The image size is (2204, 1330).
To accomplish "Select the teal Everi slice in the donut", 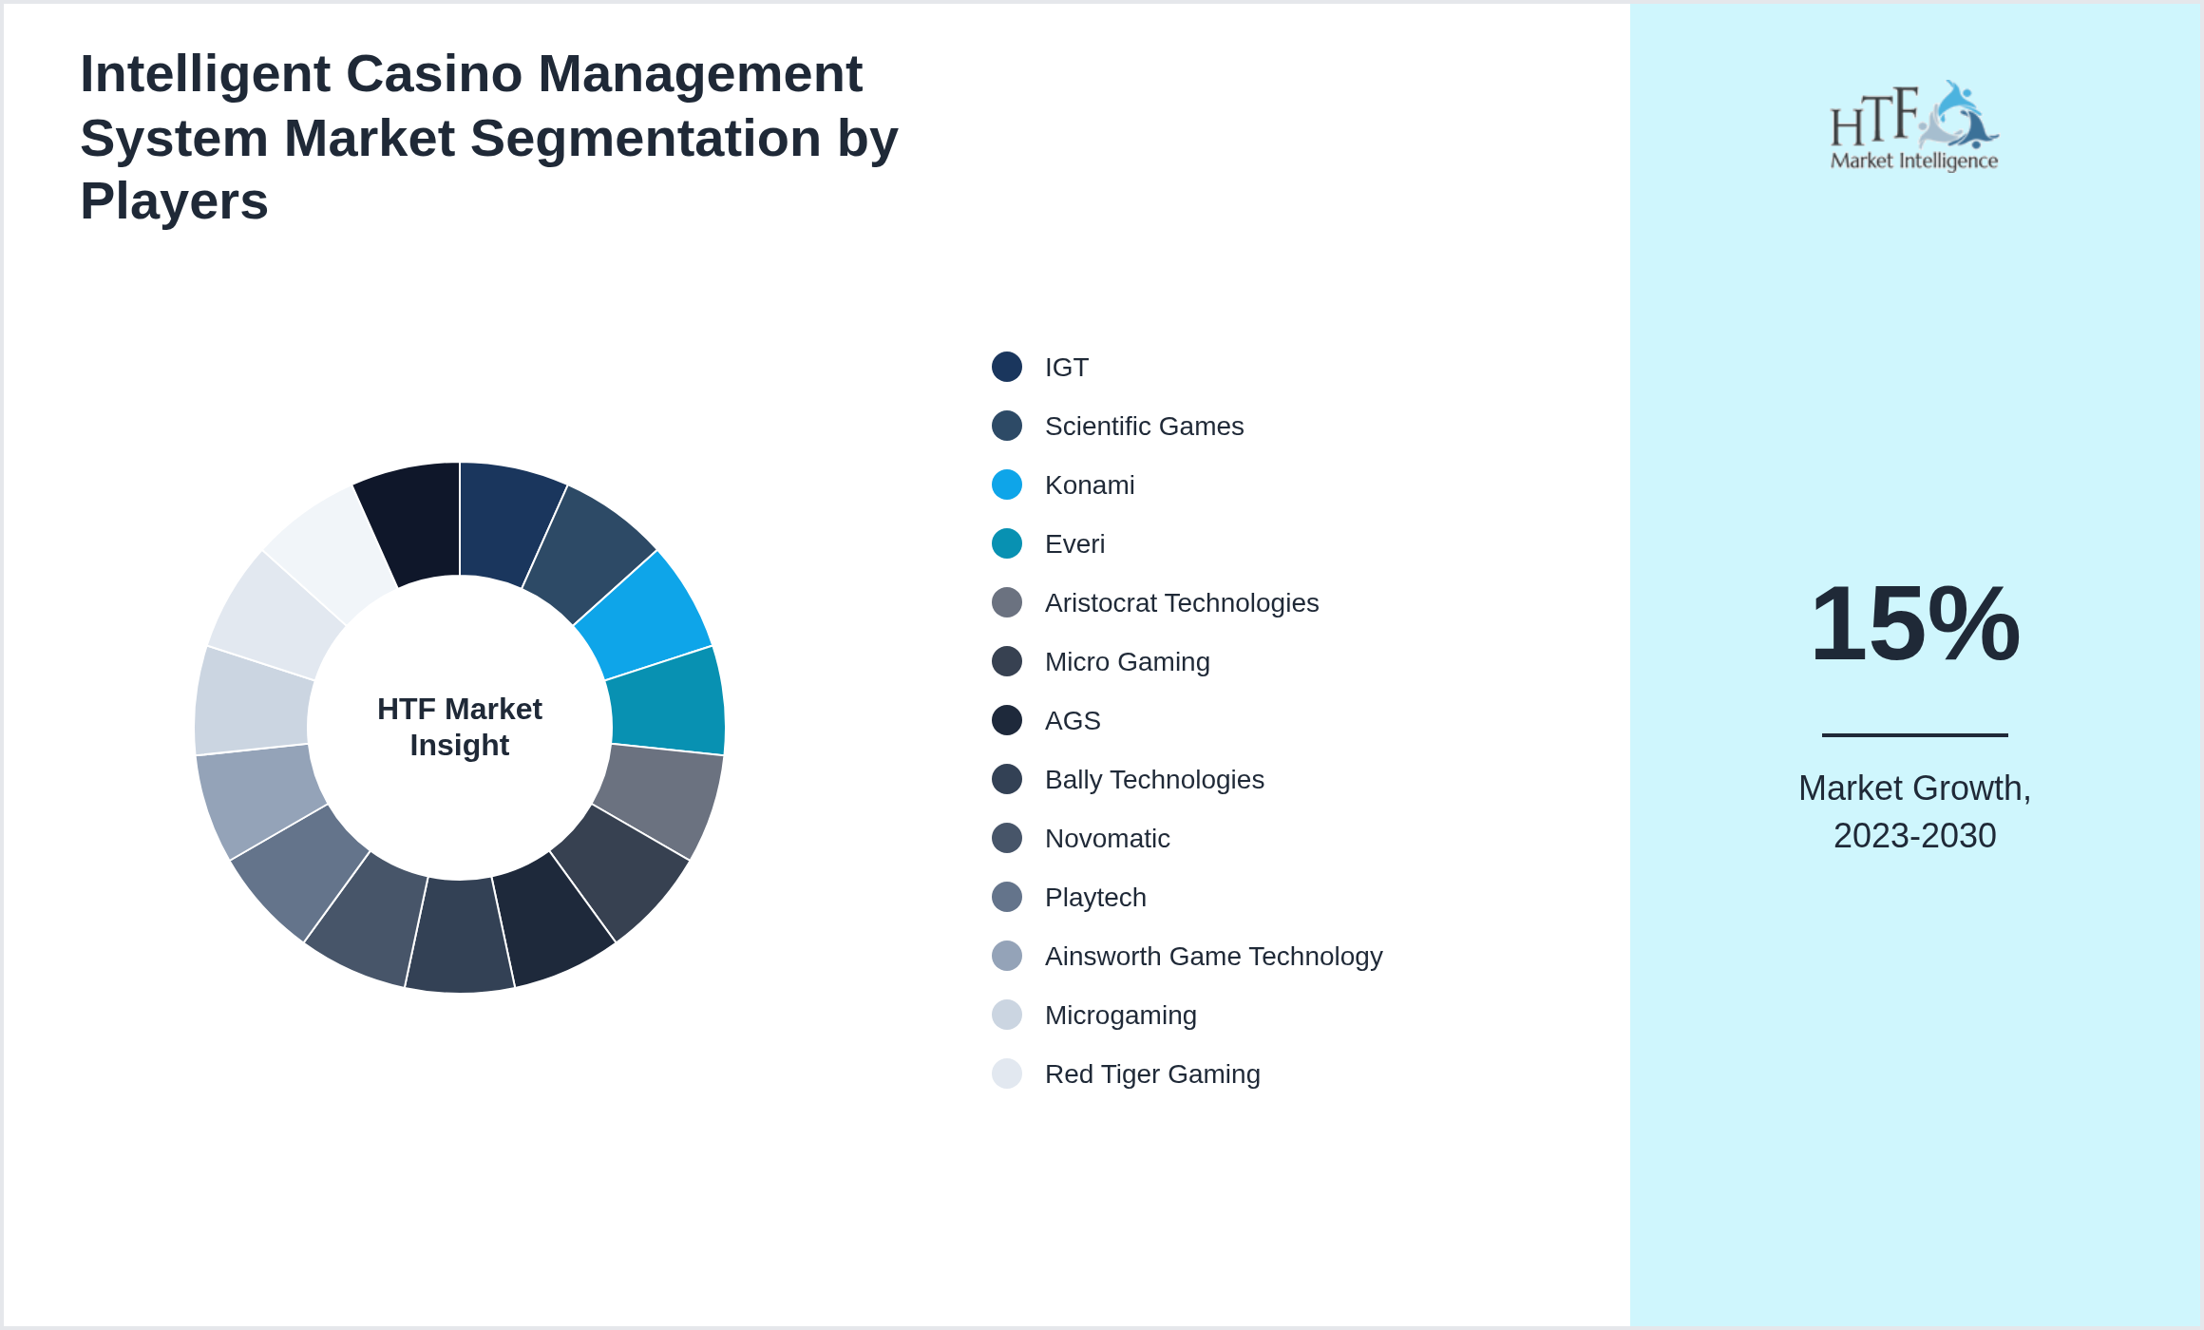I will (x=667, y=701).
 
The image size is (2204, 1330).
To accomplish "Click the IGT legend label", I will (x=1066, y=368).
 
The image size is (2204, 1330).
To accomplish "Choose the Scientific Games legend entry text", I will (x=1144, y=427).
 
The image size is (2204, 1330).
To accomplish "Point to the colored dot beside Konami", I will (x=1007, y=484).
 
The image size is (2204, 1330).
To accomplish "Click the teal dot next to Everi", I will (x=1007, y=543).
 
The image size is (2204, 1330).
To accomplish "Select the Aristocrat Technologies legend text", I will (x=1181, y=603).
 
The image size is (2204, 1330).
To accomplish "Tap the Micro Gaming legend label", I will (x=1127, y=662).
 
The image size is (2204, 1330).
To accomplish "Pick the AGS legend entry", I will (x=1073, y=721).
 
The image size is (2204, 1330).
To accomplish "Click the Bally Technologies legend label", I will (x=1154, y=780).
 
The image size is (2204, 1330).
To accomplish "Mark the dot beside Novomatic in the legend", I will (x=1007, y=838).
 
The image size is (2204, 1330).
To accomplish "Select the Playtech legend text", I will (x=1095, y=898).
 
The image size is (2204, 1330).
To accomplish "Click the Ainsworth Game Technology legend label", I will (x=1213, y=957).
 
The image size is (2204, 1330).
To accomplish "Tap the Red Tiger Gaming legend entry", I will (x=1152, y=1074).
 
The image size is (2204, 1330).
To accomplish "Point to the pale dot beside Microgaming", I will (x=1007, y=1015).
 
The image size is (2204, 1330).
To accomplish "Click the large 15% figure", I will (x=1914, y=624).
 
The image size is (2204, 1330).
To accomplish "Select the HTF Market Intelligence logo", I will (x=1914, y=126).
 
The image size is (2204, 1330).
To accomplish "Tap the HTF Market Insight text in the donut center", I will (x=460, y=727).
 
